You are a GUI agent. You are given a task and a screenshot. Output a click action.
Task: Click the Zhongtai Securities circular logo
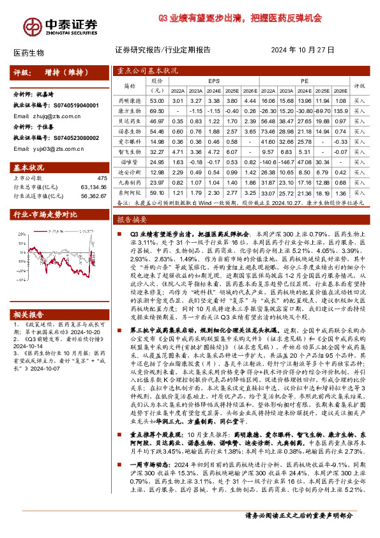31,25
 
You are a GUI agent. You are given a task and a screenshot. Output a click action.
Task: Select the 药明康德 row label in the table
130,101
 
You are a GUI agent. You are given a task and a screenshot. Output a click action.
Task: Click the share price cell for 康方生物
156,110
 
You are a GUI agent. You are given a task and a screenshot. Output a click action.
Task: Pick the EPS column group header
213,82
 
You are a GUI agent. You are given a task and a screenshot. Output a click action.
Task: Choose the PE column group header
305,82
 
